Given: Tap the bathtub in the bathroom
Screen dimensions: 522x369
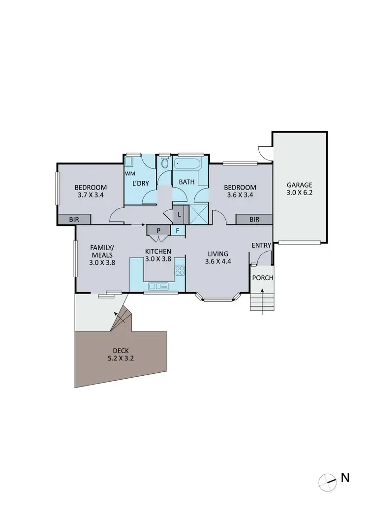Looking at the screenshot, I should pos(189,164).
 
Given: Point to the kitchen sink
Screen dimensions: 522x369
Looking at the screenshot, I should pos(158,286).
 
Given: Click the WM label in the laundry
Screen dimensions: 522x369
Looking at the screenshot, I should pos(129,174).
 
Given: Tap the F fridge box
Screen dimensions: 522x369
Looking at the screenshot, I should pos(178,230).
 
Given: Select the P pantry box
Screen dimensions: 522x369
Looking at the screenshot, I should pos(158,230).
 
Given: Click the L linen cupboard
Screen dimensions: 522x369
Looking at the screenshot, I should pos(179,214).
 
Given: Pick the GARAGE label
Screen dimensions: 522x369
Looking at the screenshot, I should pos(300,185).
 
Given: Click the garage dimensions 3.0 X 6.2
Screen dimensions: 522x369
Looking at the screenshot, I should pos(300,193).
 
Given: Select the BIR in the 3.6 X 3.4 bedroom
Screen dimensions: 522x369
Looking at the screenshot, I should pos(254,220).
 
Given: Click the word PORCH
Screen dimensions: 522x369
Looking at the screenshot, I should pos(262,278).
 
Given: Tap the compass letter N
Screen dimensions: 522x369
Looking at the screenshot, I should pos(345,477).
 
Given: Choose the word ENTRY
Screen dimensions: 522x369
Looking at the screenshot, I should pos(261,245).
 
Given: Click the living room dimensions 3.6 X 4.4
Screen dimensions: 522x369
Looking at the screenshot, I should pos(218,261).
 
